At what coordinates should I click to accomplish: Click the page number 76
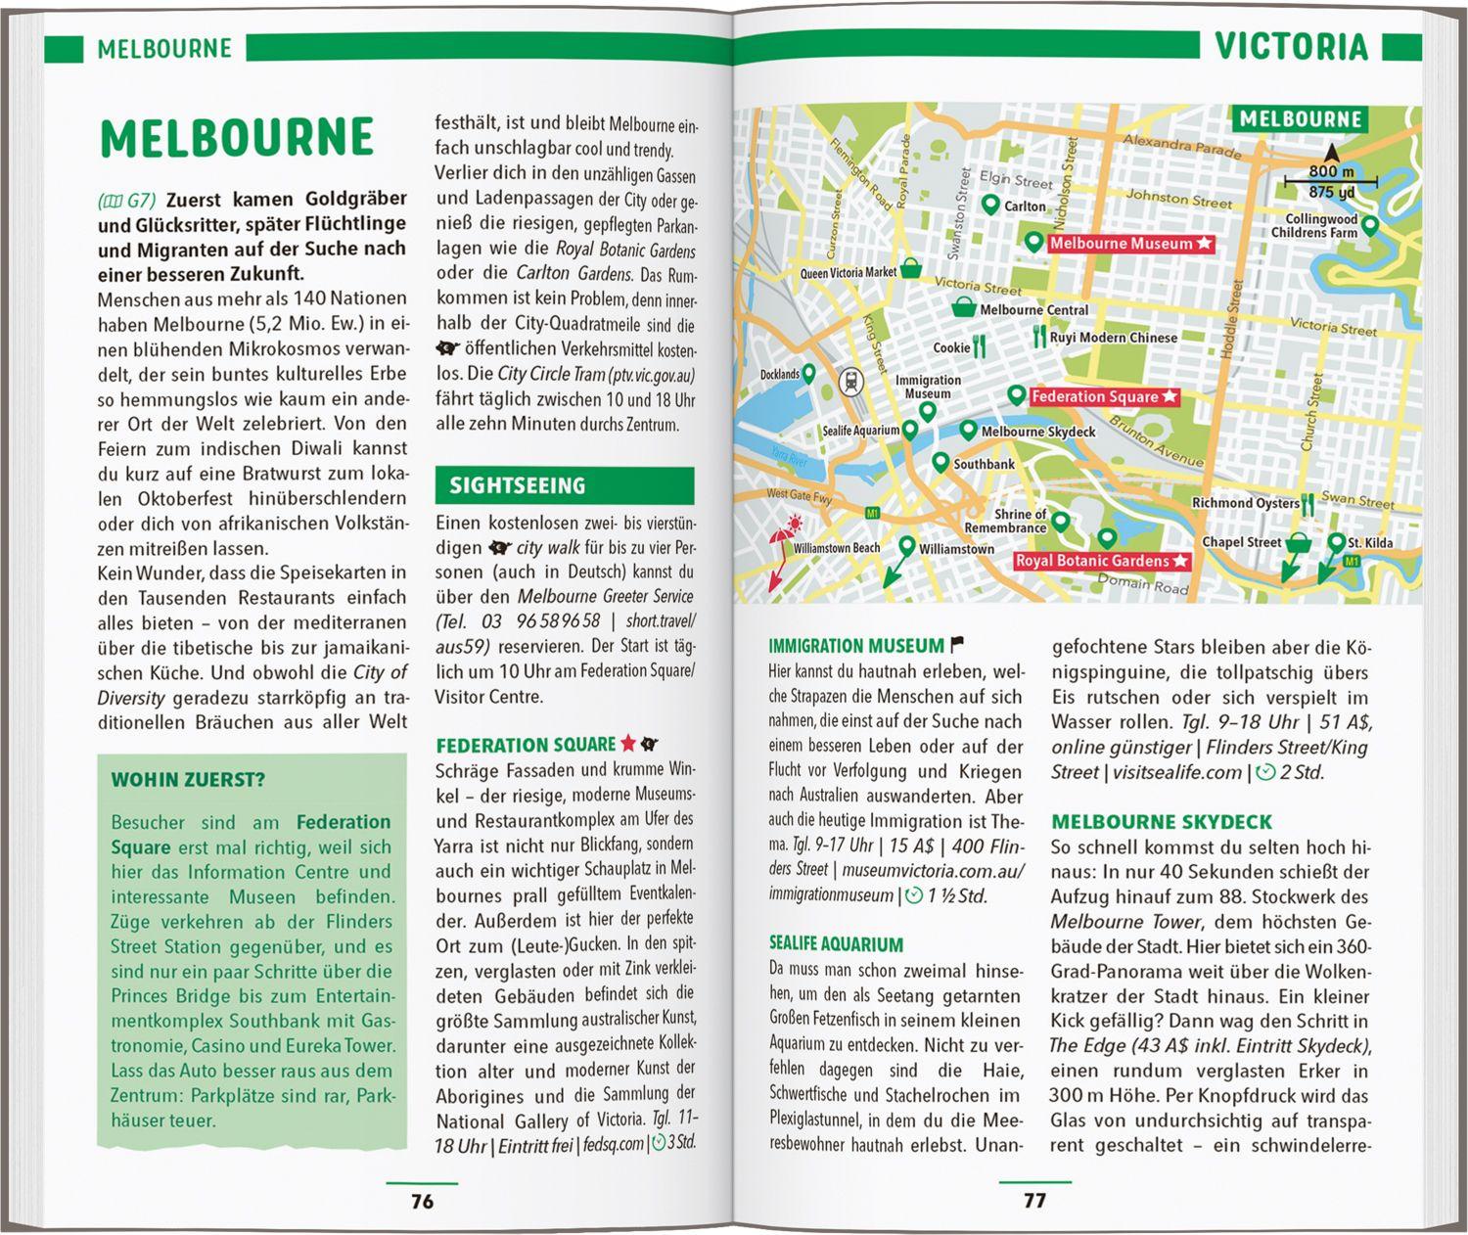pos(422,1201)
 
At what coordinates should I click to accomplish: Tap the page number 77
pos(1034,1201)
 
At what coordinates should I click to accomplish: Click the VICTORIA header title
pos(1291,47)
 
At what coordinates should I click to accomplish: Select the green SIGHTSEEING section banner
pos(564,485)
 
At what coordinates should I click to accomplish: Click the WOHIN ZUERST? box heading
pos(188,780)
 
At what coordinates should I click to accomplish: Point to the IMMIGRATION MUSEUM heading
pos(856,646)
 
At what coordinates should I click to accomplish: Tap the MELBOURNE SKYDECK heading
pos(1161,822)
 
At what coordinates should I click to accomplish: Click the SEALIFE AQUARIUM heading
pos(836,944)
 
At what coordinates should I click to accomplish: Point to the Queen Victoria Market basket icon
pos(910,268)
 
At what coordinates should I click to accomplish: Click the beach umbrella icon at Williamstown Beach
pos(783,536)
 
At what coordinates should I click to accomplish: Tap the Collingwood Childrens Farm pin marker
pos(1370,226)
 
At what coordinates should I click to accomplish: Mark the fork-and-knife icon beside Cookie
pos(980,347)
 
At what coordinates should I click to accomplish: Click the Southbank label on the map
pos(984,464)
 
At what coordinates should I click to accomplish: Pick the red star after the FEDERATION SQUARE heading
pos(627,744)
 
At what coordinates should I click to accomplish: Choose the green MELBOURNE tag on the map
pos(1300,120)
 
